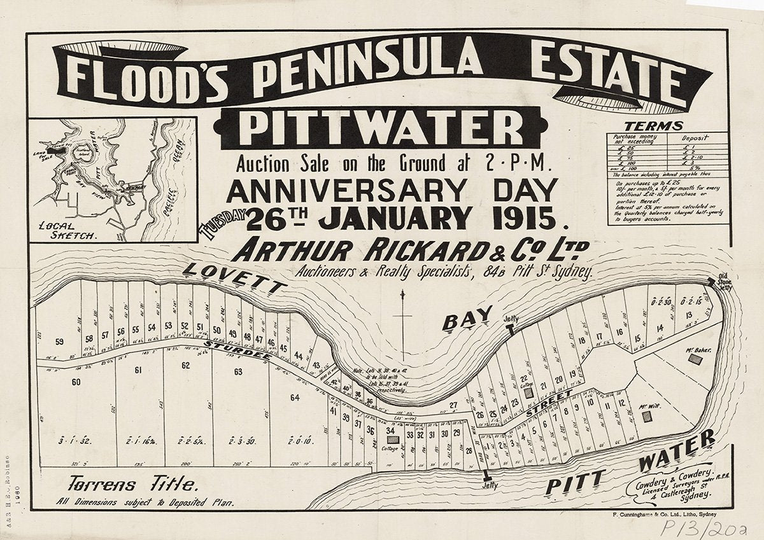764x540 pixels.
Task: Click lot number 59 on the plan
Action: (60, 342)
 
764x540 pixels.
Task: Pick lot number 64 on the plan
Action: (295, 398)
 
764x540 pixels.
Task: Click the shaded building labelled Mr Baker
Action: (697, 359)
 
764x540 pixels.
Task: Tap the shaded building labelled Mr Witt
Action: (647, 417)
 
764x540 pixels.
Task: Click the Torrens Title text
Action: (132, 485)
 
